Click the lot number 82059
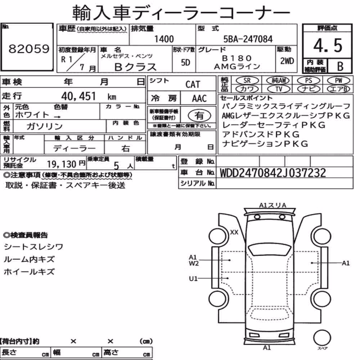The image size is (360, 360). click(x=29, y=49)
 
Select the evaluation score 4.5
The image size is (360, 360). click(x=328, y=45)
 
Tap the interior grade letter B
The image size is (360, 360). click(x=340, y=66)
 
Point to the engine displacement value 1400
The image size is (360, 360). click(x=164, y=39)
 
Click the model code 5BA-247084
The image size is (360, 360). click(x=248, y=39)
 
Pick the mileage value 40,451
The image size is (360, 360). click(x=78, y=96)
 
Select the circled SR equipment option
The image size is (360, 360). click(x=247, y=81)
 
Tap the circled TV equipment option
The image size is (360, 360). click(x=279, y=89)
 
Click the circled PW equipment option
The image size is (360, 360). click(x=338, y=80)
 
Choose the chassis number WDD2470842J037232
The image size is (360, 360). click(x=273, y=173)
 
